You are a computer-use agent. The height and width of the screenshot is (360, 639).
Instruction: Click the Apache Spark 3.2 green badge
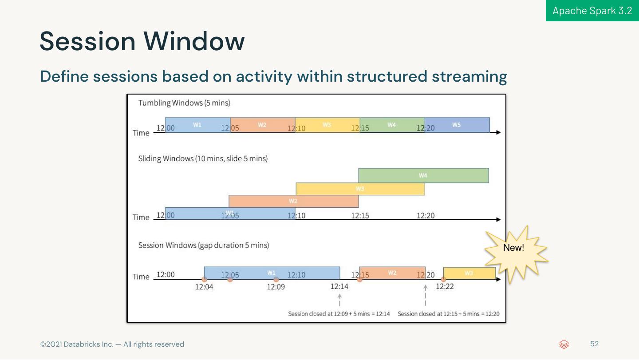[x=592, y=11]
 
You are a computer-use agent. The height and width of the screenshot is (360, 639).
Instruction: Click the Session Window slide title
[x=142, y=41]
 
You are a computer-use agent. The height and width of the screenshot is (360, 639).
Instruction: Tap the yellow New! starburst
[x=515, y=253]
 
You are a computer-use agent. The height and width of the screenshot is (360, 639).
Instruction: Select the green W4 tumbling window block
[x=392, y=125]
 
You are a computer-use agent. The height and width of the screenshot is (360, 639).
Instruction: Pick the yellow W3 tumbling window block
[x=327, y=125]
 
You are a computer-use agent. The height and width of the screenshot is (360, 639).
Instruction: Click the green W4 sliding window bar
[x=423, y=175]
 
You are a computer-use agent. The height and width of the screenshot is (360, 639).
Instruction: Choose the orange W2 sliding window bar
[x=293, y=201]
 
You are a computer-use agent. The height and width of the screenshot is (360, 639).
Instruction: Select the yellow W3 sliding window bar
[x=360, y=189]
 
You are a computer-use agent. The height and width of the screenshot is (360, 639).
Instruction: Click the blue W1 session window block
[x=272, y=273]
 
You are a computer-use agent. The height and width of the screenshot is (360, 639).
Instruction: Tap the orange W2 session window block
[x=392, y=273]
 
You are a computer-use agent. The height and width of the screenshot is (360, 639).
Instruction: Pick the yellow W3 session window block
[x=469, y=273]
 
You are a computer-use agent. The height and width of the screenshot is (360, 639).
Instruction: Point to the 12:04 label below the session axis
[x=204, y=287]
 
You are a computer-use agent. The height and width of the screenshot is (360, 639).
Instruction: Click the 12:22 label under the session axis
[x=445, y=286]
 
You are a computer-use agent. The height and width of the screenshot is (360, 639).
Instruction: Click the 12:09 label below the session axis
[x=276, y=287]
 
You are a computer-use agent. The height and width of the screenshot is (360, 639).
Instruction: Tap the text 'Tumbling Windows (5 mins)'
[x=184, y=103]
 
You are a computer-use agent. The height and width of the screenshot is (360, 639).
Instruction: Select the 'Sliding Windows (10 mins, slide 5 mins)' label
[x=203, y=158]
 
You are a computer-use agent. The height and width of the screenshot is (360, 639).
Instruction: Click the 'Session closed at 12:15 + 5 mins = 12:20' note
[x=448, y=314]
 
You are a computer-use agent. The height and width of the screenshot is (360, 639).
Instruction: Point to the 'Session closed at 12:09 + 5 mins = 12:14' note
[x=339, y=314]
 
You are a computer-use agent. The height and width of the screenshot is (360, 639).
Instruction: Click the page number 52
[x=594, y=344]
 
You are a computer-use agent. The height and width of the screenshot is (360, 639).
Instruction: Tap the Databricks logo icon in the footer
[x=564, y=344]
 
